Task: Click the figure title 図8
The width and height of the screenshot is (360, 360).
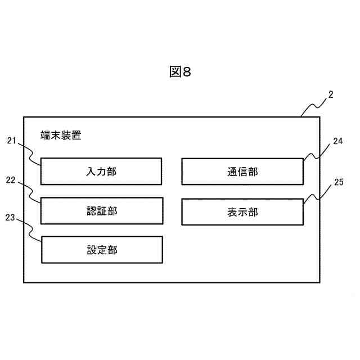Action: pos(180,72)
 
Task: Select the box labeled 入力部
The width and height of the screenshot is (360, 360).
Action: pos(101,172)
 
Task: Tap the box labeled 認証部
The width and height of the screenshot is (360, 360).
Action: pos(101,211)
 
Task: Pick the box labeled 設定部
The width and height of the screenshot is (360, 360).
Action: pos(102,250)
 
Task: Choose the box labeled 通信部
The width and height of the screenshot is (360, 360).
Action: pos(242,172)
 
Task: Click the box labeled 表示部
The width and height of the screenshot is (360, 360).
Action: pos(242,211)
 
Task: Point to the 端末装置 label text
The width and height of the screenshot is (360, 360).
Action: pos(61,135)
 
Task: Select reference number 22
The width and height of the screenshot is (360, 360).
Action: pos(10,180)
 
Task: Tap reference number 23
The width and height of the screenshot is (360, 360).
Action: pos(10,217)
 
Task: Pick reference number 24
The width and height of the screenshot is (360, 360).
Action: pos(337,141)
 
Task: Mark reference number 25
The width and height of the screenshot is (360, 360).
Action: pos(338,182)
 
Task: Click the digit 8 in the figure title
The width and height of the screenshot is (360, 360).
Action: pos(187,72)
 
